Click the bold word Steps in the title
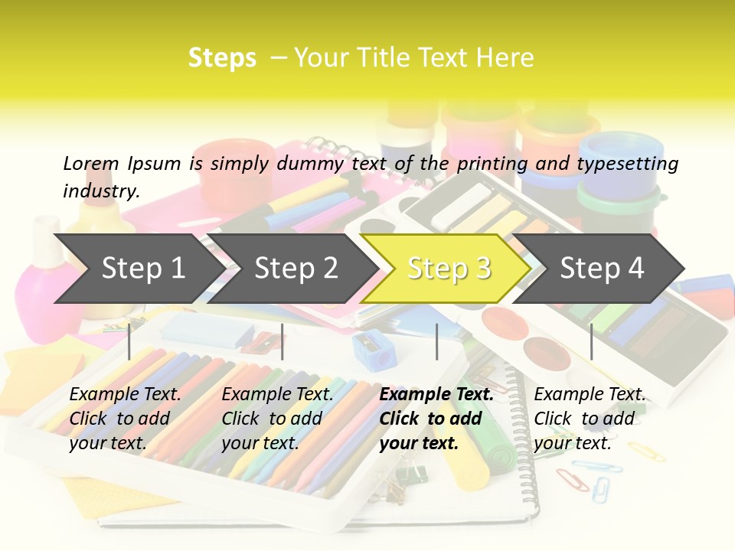[222, 58]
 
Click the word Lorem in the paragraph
[90, 163]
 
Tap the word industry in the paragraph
[100, 191]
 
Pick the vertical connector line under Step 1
[129, 341]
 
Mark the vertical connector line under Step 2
[283, 341]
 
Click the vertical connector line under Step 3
[436, 341]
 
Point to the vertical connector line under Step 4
[591, 341]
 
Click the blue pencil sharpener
[374, 351]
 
